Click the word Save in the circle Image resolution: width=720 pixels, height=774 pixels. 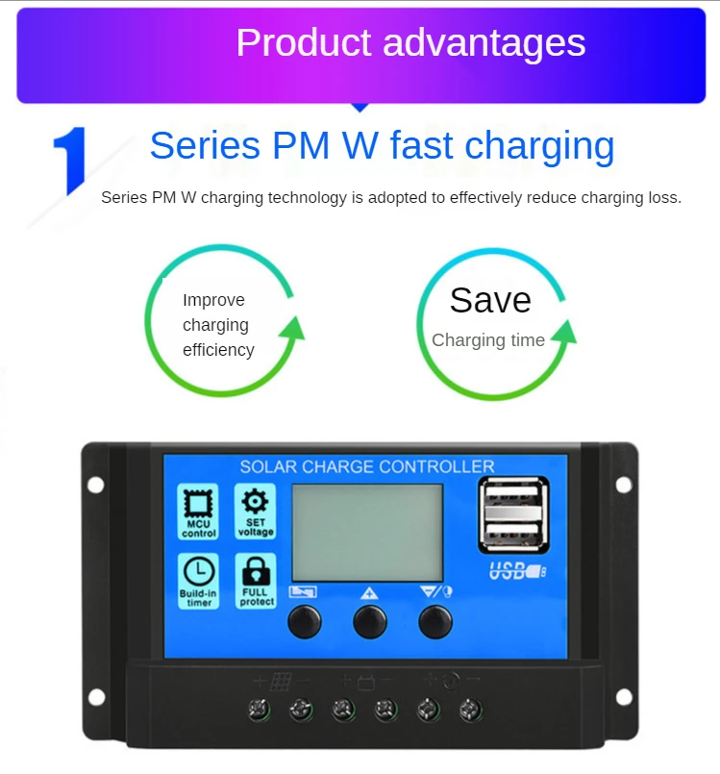(x=490, y=300)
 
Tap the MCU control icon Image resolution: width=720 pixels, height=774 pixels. (x=199, y=512)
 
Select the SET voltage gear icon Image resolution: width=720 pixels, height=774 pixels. (x=255, y=511)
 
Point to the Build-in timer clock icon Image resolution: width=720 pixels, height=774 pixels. (x=199, y=580)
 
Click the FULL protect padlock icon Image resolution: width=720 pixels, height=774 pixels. (x=255, y=580)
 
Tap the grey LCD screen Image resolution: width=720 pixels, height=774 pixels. (x=367, y=532)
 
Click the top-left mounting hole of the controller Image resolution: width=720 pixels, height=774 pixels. (x=95, y=485)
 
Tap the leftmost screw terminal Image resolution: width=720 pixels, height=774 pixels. (x=259, y=711)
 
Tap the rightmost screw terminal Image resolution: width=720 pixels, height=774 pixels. (x=471, y=711)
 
